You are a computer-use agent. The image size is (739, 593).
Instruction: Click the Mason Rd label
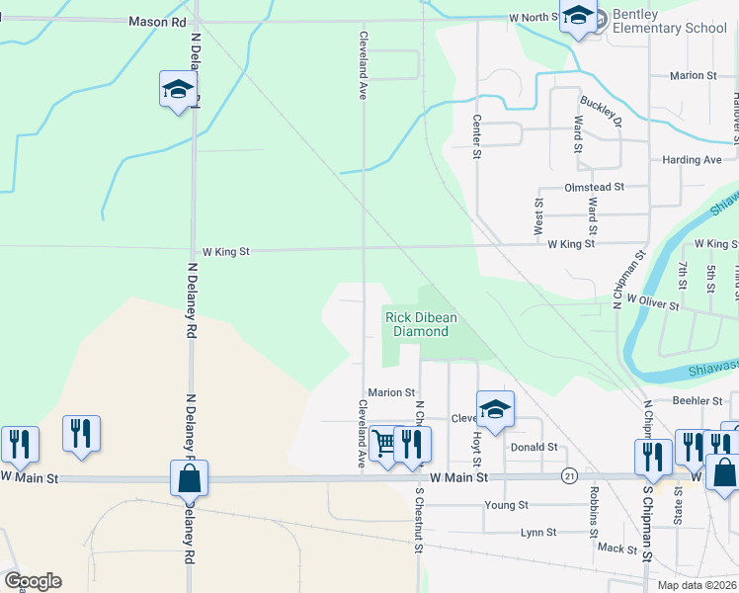(157, 20)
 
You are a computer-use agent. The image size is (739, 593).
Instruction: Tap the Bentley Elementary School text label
(669, 21)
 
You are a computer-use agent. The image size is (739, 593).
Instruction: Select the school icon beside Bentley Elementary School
(578, 17)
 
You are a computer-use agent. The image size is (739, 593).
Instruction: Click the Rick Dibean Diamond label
(416, 324)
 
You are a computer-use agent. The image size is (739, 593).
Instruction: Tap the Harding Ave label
(693, 160)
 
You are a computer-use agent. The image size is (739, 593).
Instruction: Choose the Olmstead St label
(593, 186)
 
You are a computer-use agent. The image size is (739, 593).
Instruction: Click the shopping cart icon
(383, 443)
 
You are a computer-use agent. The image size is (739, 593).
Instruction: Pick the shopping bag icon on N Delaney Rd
(189, 479)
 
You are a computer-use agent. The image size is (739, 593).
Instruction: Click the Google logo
(32, 581)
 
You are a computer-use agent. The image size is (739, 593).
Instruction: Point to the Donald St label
(534, 448)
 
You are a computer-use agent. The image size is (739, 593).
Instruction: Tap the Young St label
(506, 505)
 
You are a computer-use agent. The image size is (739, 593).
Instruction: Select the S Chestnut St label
(419, 520)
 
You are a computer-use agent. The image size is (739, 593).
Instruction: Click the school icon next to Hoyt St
(495, 408)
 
